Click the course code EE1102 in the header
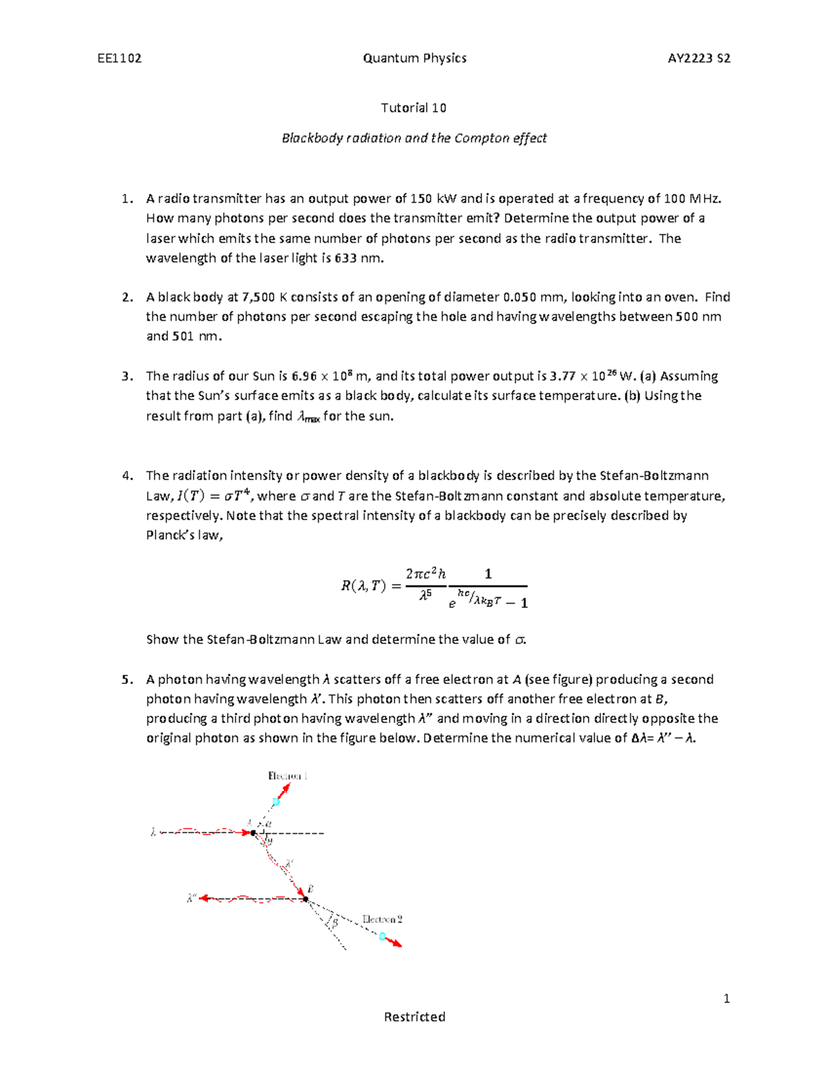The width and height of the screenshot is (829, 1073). coord(120,58)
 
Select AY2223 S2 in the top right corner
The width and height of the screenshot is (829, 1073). coord(698,58)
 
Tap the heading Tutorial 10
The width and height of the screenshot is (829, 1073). coord(414,108)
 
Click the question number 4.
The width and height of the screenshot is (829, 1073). coord(126,475)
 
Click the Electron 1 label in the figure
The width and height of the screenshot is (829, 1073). coord(287,776)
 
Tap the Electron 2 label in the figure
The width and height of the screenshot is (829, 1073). coord(382,920)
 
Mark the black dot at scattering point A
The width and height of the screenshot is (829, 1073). coord(254,833)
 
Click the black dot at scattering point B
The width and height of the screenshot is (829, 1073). coord(305,899)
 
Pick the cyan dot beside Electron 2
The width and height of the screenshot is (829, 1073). coord(382,937)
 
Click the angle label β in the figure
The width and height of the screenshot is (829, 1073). coord(335,922)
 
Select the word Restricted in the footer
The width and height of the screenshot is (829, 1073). coord(414,1016)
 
